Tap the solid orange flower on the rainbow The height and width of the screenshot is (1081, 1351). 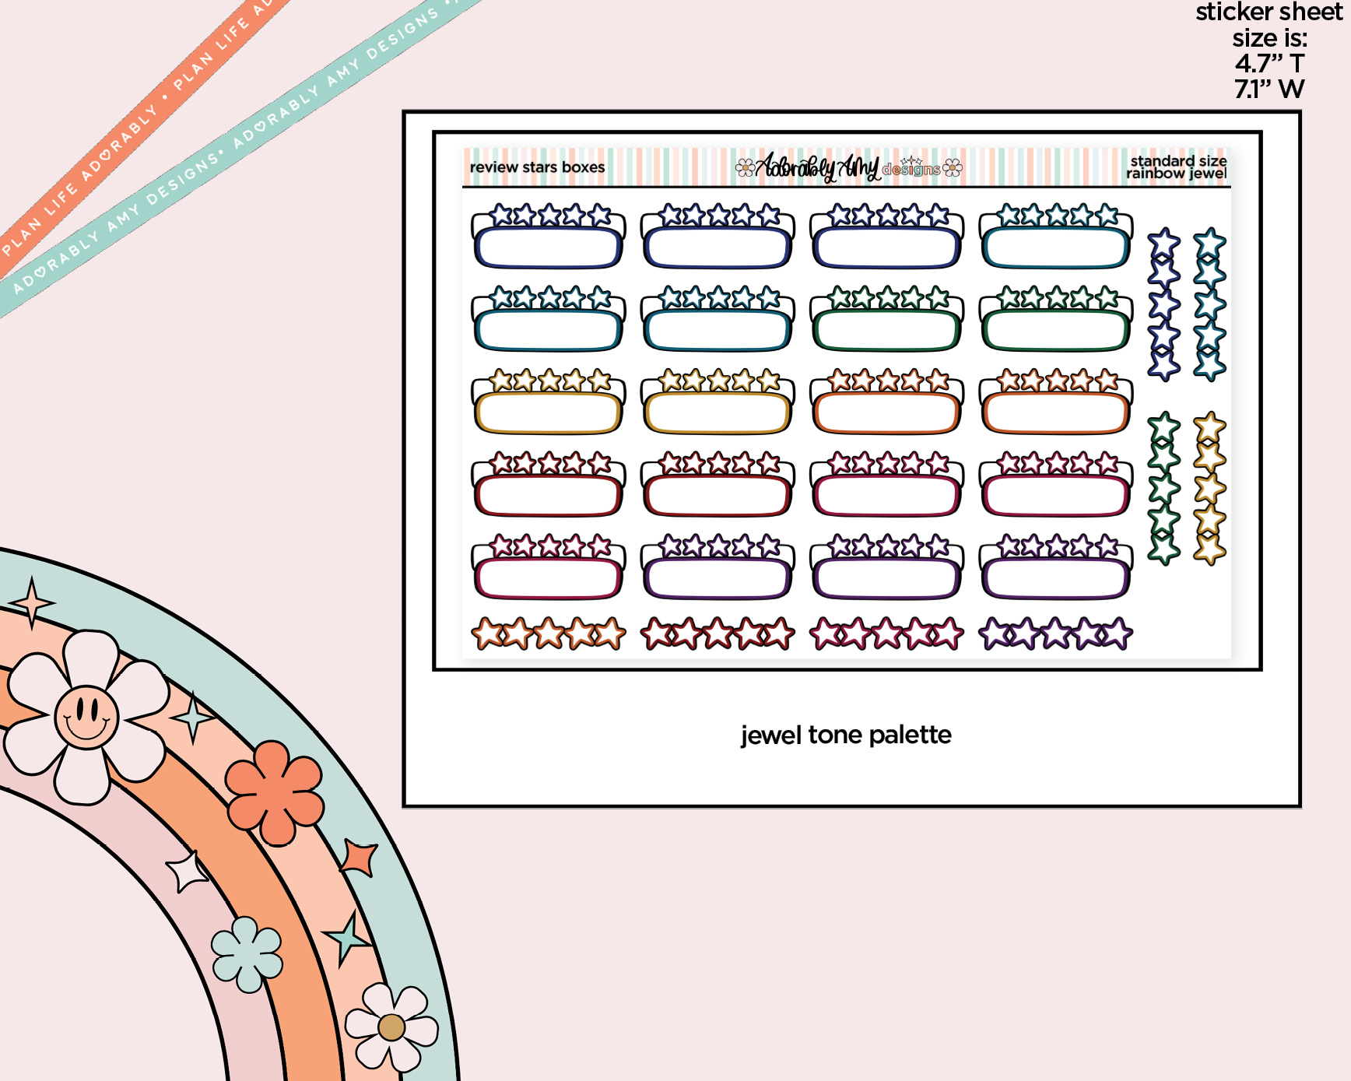click(x=275, y=793)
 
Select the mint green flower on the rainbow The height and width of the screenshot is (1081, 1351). click(x=247, y=954)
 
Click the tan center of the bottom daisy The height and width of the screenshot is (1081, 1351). click(x=391, y=1027)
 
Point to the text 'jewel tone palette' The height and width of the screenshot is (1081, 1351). click(x=846, y=735)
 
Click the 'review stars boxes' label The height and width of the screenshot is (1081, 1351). click(x=537, y=167)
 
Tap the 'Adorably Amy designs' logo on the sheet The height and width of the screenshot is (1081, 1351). click(x=848, y=167)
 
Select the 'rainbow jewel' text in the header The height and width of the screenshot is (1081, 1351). click(x=1176, y=174)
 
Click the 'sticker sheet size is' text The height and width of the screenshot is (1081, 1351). click(x=1269, y=25)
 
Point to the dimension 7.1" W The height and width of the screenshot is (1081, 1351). click(x=1269, y=89)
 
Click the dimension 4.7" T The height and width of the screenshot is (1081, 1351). click(x=1269, y=63)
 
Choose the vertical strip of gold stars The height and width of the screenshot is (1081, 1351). click(x=1210, y=488)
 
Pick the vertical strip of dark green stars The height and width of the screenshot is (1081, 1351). click(x=1164, y=488)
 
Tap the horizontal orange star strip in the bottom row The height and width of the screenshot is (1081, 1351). click(x=549, y=634)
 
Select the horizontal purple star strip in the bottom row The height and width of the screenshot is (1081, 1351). click(x=1056, y=634)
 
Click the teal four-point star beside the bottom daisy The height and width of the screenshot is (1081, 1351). click(x=347, y=938)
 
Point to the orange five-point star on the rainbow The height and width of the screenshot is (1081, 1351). click(x=360, y=857)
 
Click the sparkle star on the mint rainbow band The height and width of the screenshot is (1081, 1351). click(x=31, y=602)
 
